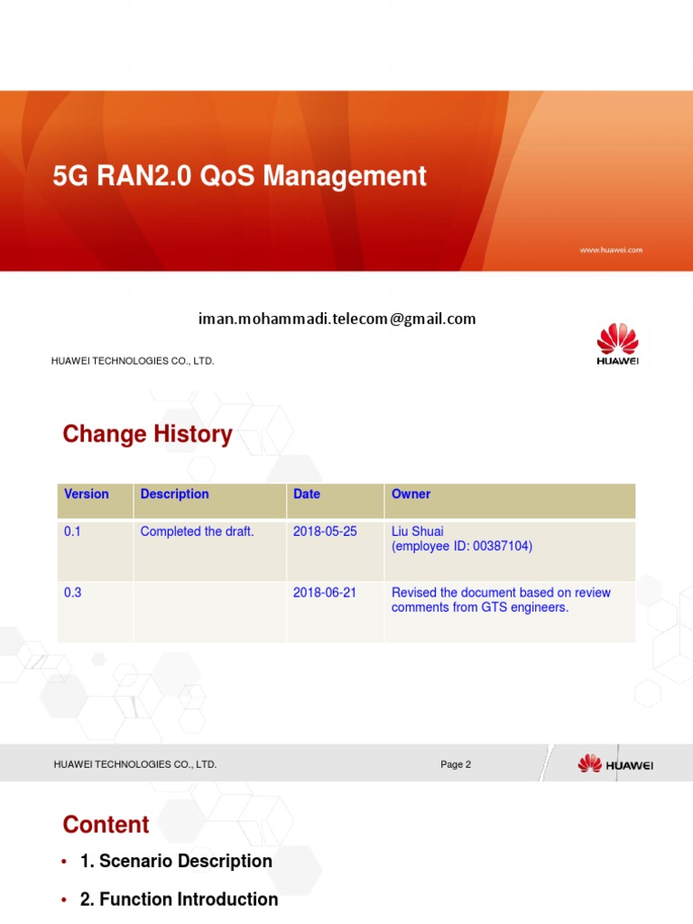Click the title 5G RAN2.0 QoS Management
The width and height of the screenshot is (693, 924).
(x=239, y=176)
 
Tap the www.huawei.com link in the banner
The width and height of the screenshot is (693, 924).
(x=610, y=250)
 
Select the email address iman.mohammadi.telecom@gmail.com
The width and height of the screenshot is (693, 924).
(x=337, y=319)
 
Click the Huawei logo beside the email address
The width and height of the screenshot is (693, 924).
(x=617, y=346)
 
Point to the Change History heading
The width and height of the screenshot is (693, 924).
(x=147, y=434)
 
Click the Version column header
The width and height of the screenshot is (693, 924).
(x=87, y=494)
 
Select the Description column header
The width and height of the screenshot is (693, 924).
(x=174, y=494)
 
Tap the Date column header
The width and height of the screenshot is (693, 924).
(x=307, y=494)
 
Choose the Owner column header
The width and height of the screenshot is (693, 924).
(x=411, y=494)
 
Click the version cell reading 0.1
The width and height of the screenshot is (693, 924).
(x=72, y=531)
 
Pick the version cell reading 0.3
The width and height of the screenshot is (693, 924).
(x=72, y=593)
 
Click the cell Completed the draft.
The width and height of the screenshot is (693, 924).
(x=197, y=531)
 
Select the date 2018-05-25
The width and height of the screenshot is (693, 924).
(x=325, y=531)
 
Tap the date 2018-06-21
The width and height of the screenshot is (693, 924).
(x=325, y=593)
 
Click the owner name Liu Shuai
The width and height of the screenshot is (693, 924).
(x=416, y=531)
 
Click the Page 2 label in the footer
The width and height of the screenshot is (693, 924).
(x=456, y=764)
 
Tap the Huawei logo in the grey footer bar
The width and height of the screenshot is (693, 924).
(x=615, y=764)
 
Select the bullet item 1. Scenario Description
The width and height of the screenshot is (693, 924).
(x=176, y=861)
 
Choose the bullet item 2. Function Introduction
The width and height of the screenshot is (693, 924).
(x=179, y=899)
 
